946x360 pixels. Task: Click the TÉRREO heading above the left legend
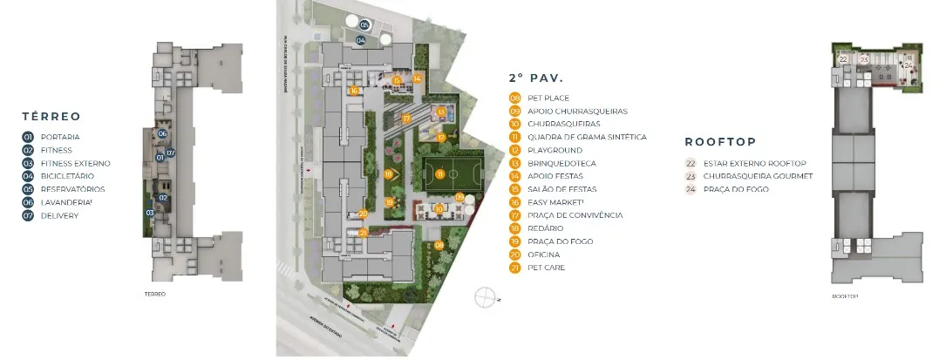pos(51,116)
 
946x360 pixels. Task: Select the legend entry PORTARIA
pos(60,137)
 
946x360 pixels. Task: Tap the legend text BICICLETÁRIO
pos(65,176)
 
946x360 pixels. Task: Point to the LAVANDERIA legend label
pos(65,202)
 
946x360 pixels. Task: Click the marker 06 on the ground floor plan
pos(163,133)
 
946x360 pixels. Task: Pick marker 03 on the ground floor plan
pos(150,212)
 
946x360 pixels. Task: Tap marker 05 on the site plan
pos(364,24)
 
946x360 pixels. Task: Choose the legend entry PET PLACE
pos(550,98)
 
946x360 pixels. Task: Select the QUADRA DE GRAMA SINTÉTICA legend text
pos(587,137)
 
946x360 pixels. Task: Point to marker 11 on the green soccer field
pos(441,174)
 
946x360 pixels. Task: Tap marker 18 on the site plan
pos(388,174)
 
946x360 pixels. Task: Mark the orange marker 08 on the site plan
pos(439,245)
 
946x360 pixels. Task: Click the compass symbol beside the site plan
pos(484,297)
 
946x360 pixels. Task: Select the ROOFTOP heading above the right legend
pos(719,140)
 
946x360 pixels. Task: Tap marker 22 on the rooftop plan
pos(843,59)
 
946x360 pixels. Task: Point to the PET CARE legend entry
pos(546,268)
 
